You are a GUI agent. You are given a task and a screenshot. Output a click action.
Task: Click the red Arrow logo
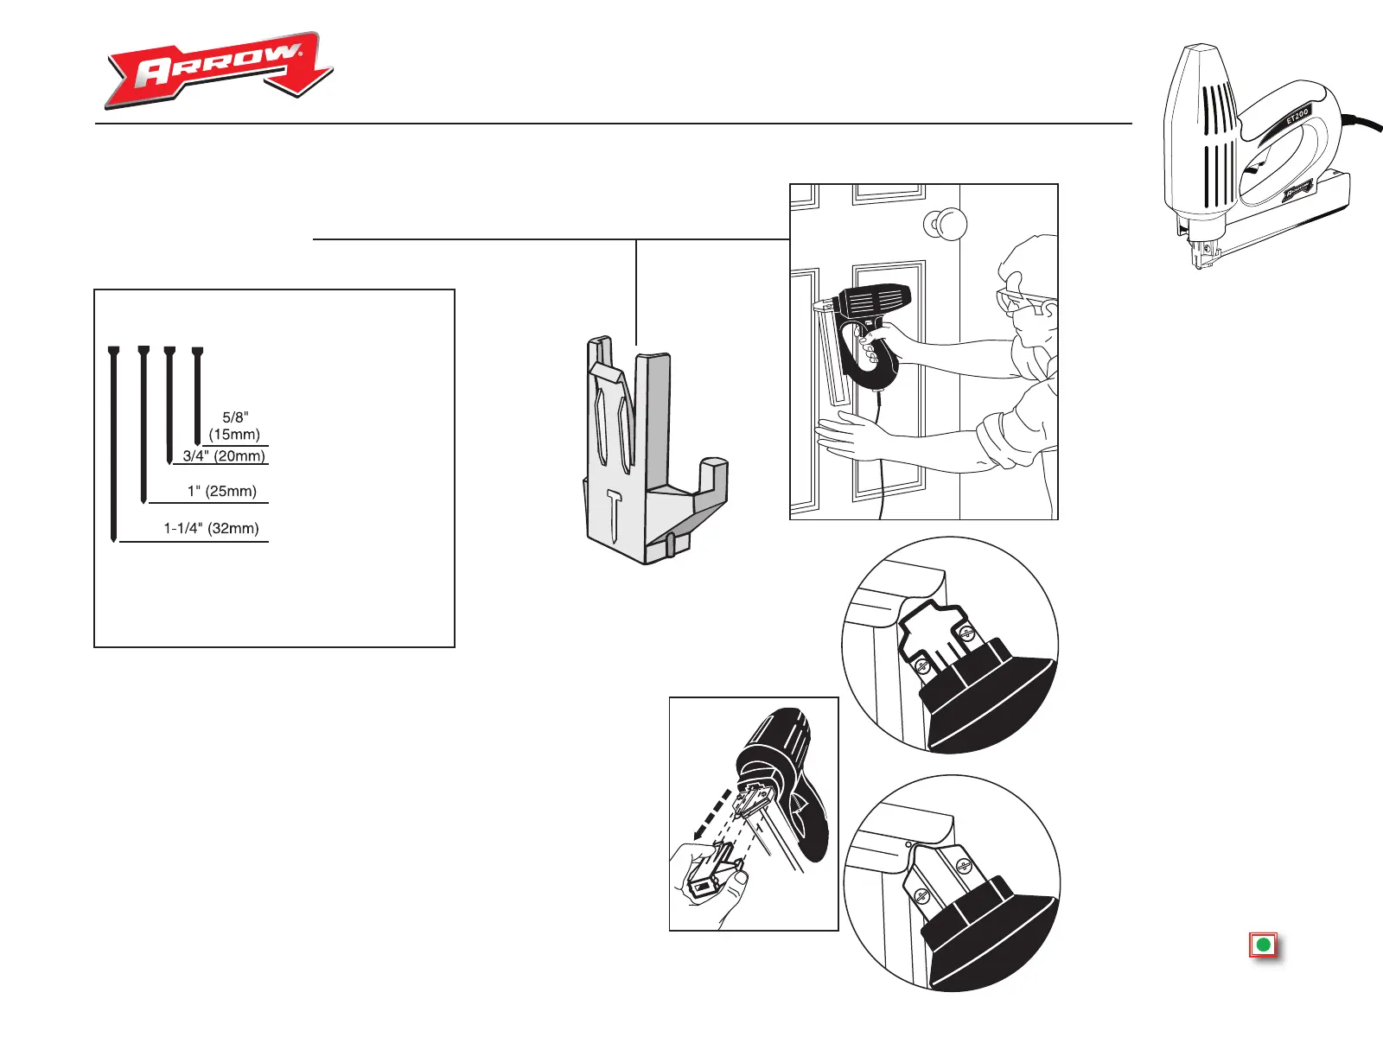[218, 71]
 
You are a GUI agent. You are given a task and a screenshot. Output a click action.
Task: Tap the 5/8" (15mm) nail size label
[234, 426]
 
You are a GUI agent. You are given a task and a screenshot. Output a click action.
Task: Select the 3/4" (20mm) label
[224, 456]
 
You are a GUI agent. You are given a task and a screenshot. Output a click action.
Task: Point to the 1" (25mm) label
[222, 491]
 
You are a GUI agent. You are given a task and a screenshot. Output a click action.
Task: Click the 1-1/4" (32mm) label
[212, 528]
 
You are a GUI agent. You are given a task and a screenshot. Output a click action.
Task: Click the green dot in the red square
[1263, 945]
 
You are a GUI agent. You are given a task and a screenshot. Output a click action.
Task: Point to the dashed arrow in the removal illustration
[713, 812]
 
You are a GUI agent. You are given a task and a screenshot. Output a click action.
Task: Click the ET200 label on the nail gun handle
[1297, 115]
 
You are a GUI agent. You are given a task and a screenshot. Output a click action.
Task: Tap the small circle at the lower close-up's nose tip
[908, 844]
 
